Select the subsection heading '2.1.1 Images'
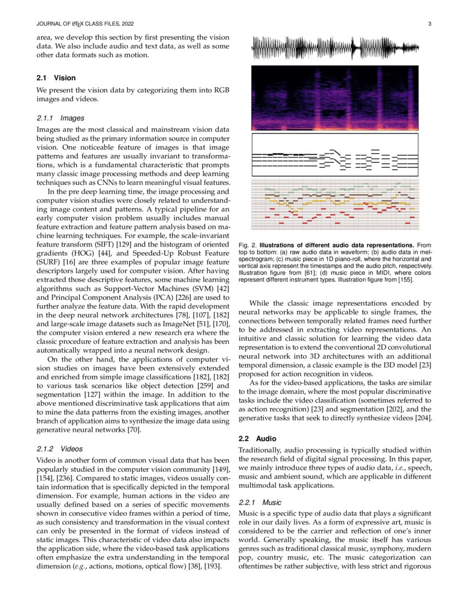point(57,118)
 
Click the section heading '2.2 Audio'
point(257,439)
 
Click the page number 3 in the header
point(428,24)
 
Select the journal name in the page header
point(85,24)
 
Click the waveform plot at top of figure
point(335,48)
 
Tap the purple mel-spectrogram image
point(335,98)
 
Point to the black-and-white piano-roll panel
point(335,155)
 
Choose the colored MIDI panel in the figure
point(335,205)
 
